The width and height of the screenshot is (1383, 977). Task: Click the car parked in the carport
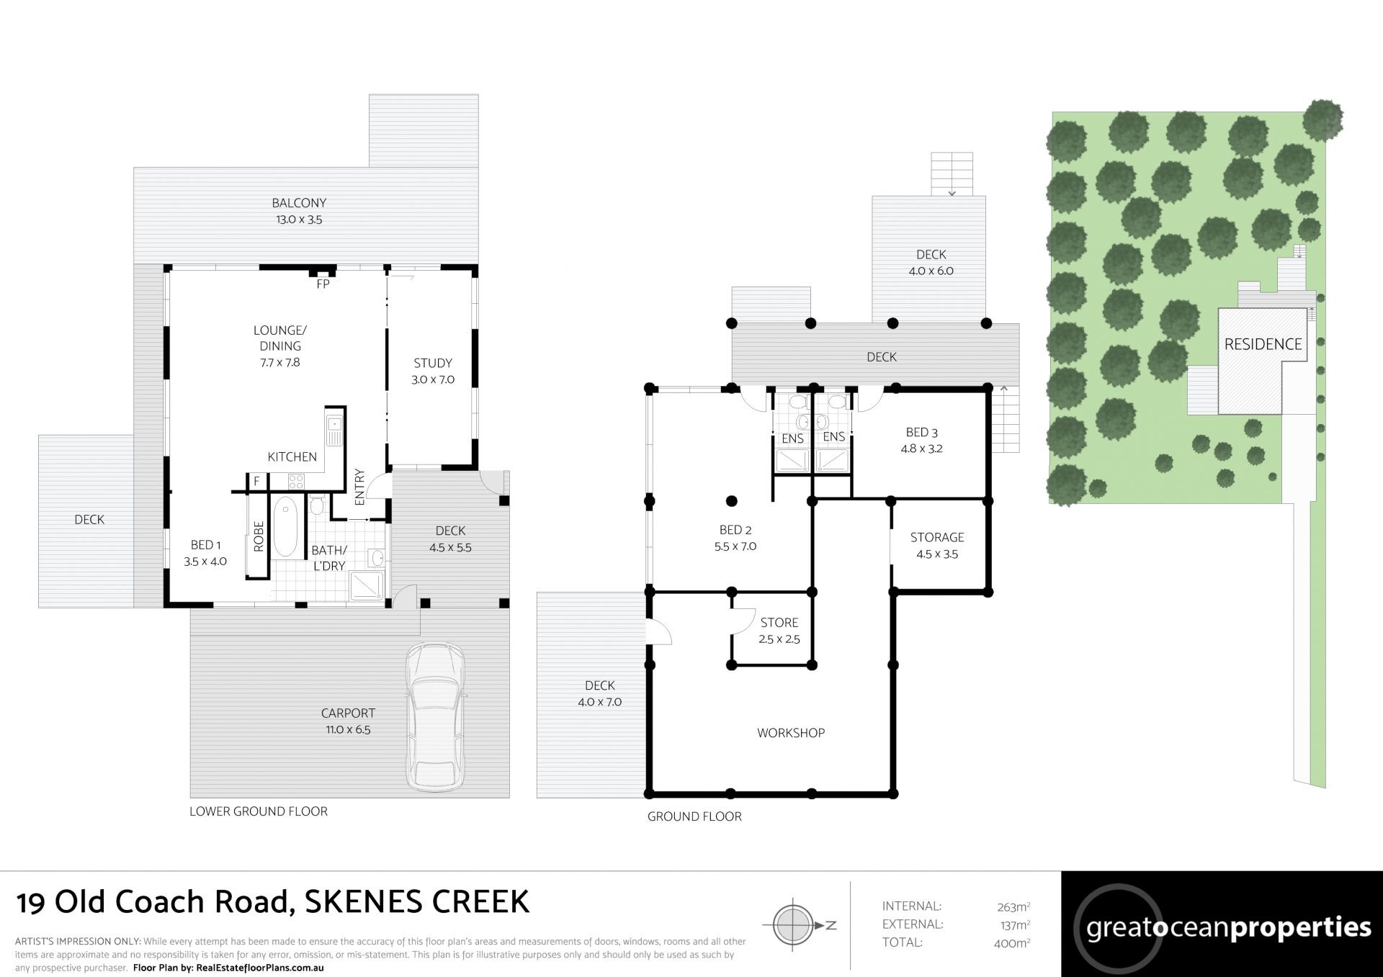[x=435, y=718]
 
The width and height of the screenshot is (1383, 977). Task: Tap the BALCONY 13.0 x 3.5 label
[x=299, y=212]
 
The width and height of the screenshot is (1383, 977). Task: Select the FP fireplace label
[x=323, y=284]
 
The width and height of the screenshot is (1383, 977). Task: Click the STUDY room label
[x=433, y=363]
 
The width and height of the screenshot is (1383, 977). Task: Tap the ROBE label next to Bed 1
[x=259, y=536]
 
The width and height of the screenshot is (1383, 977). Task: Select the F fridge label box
[x=256, y=481]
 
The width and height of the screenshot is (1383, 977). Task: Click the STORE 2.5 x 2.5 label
[x=779, y=631]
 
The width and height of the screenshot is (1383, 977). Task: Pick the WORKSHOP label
[x=791, y=733]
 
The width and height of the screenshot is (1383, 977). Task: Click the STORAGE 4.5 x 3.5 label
[x=937, y=546]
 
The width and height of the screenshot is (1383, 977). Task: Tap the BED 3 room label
[x=922, y=433]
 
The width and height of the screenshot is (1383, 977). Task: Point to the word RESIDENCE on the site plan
[x=1263, y=344]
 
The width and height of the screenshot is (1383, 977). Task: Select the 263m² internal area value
[x=1012, y=907]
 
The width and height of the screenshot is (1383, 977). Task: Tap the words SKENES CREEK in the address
[x=417, y=902]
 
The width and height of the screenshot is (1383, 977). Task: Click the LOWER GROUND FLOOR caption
[x=259, y=811]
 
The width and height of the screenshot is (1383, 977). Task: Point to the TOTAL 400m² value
[x=1012, y=943]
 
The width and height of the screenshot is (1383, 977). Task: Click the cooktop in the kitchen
[x=297, y=480]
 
